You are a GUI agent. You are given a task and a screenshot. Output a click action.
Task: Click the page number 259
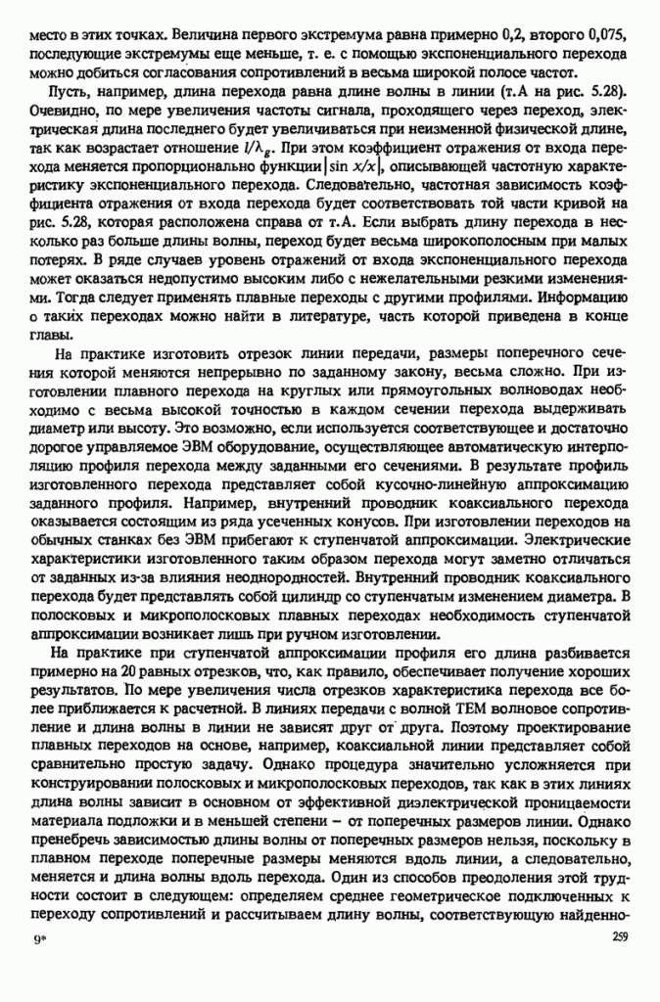pos(616,936)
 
